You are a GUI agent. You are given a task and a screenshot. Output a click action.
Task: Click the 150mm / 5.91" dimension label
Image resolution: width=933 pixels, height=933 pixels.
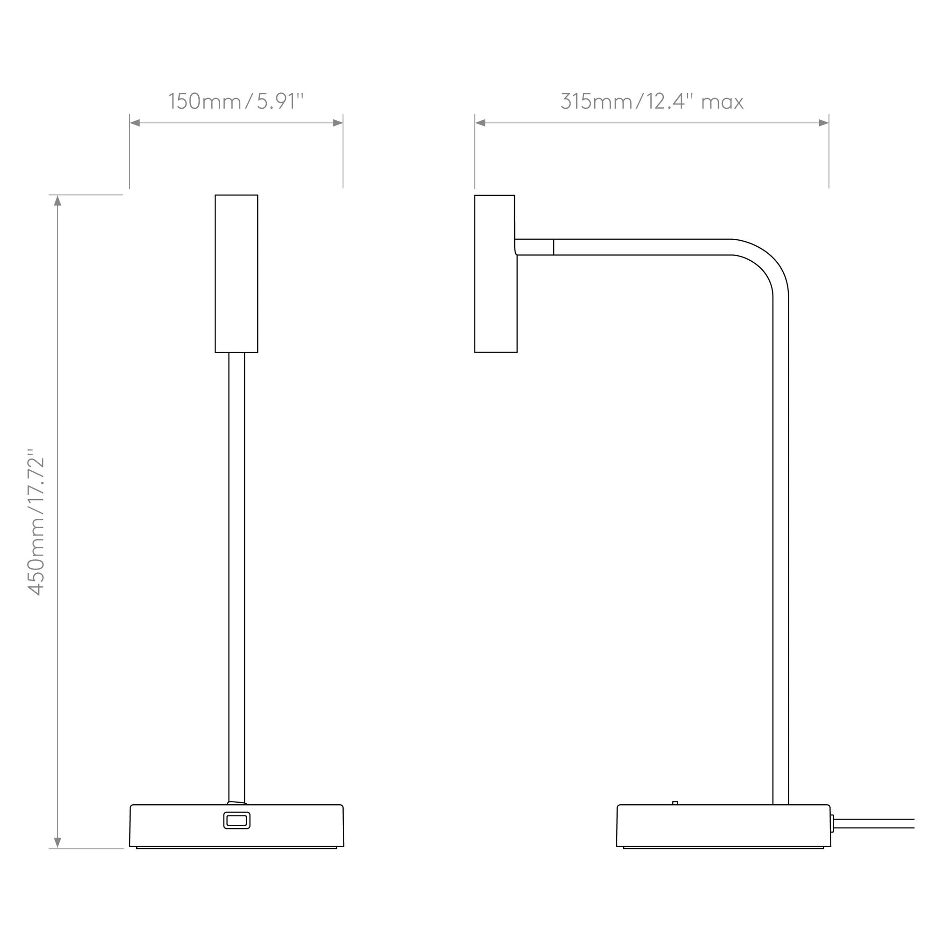coord(236,101)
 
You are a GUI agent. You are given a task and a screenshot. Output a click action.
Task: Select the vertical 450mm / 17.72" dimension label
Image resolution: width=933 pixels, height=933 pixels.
coord(37,522)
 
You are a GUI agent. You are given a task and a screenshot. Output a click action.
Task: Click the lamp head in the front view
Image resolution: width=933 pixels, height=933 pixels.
coord(236,274)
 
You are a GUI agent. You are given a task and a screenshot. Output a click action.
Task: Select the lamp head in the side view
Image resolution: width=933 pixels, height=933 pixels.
coord(495,274)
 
